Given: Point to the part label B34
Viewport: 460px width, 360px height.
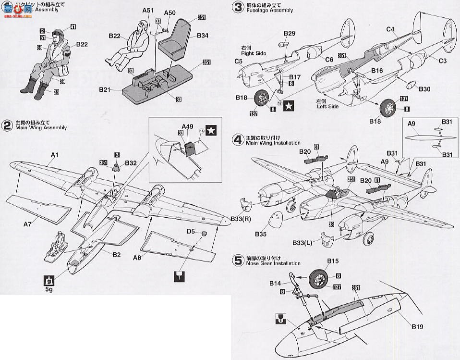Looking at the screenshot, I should [203, 36].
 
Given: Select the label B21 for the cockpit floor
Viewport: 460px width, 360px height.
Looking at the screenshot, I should [105, 89].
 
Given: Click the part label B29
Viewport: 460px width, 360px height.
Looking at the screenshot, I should [290, 33].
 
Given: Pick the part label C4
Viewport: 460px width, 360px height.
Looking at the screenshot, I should [390, 29].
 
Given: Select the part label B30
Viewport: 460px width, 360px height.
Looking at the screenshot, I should [424, 89].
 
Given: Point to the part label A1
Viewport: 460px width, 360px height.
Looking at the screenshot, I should [55, 154].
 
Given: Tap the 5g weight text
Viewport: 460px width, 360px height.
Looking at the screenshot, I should [48, 290].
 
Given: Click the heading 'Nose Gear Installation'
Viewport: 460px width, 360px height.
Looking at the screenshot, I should [273, 263].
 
